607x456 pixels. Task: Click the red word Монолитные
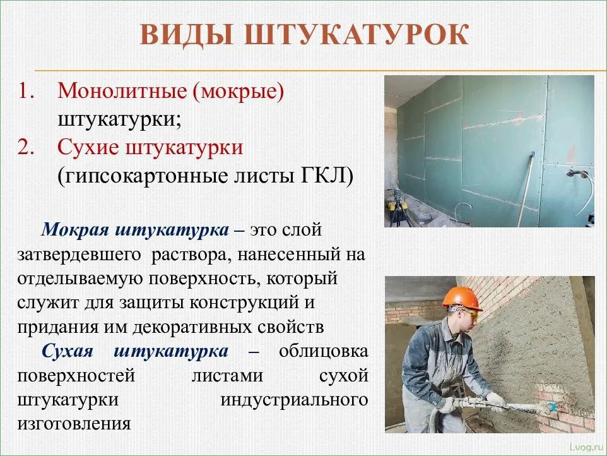pos(122,91)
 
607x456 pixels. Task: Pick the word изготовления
pos(74,424)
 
